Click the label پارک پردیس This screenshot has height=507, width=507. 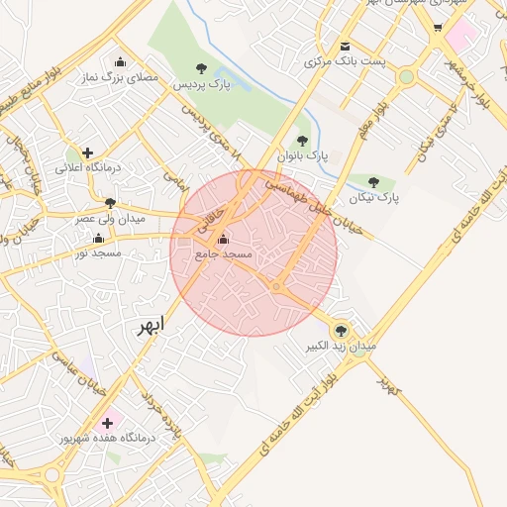pos(202,86)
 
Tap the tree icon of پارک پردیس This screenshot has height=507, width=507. pos(202,68)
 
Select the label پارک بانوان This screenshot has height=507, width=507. pos(302,156)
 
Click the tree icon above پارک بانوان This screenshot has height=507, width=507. pos(302,141)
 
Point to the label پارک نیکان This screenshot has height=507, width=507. pos(373,198)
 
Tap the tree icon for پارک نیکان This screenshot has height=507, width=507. pos(373,182)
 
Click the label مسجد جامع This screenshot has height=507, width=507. pos(223,254)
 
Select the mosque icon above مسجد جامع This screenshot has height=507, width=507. pos(222,239)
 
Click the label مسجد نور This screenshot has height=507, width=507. pos(97,253)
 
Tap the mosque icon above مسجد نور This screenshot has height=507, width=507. pos(97,238)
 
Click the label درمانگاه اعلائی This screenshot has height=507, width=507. pos(87,168)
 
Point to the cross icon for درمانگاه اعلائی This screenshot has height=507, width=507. pos(87,152)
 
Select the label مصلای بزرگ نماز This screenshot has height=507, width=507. pos(121,76)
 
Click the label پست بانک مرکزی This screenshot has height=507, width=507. pos(344,62)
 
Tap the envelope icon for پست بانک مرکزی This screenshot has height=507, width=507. pos(344,47)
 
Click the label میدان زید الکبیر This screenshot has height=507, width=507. pos(342,347)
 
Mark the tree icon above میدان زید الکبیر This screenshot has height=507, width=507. pos(342,331)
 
